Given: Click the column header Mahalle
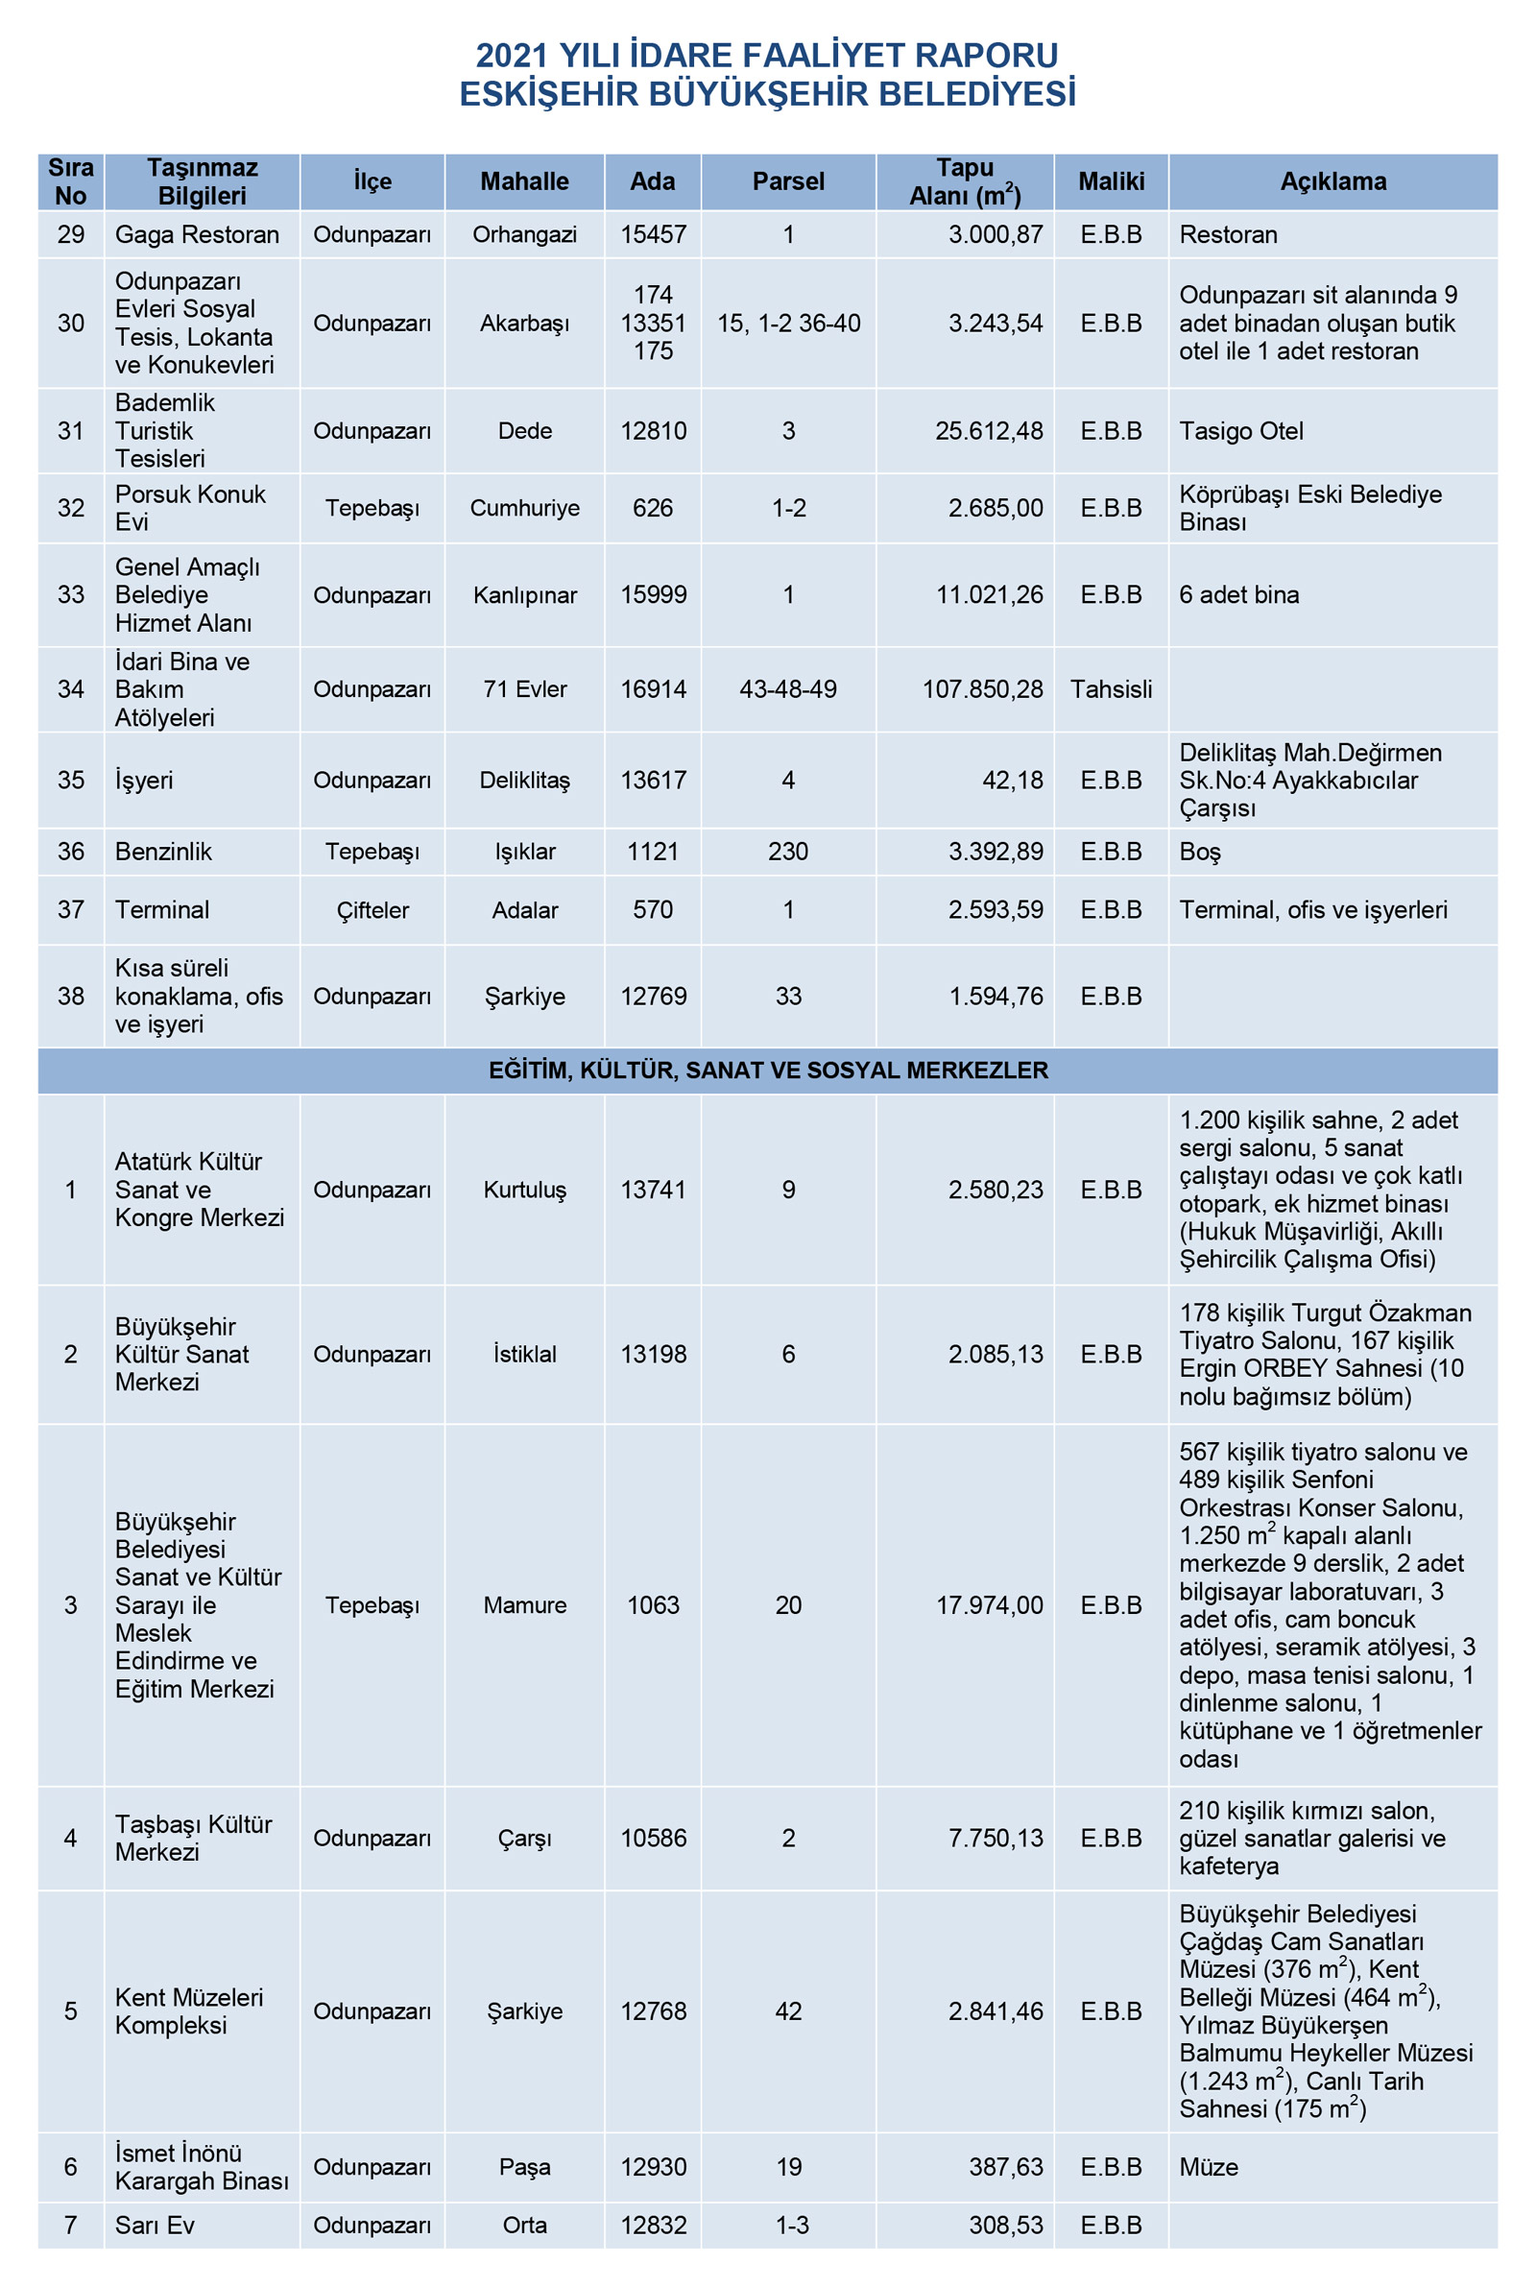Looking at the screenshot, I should pos(524,181).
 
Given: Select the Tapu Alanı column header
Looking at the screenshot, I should pos(964,181).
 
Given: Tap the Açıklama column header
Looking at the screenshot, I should pos(1332,181).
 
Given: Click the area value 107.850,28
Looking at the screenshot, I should pos(981,688).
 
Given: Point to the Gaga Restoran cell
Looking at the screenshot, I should pos(197,234).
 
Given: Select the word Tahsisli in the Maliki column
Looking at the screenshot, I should pos(1110,688).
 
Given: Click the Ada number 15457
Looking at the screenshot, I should pos(653,234).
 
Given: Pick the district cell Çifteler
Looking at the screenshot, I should pos(372,909).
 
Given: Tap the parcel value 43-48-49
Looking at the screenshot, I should pos(787,688).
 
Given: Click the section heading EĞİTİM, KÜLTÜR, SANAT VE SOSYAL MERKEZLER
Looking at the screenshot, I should pos(768,1070).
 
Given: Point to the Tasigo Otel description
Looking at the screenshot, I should pos(1240,431).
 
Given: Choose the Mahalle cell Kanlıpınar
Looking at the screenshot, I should pos(524,594).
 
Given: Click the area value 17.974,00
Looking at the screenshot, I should pos(990,1604).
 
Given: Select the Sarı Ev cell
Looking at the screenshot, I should pos(155,2225).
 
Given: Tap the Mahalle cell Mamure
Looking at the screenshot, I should pos(524,1604).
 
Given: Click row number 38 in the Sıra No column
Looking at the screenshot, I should pos(70,996).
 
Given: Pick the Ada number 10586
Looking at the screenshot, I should pos(653,1838).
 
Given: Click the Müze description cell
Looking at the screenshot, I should pos(1208,2167).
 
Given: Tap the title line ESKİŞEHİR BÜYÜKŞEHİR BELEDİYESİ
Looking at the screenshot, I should pos(768,94).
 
